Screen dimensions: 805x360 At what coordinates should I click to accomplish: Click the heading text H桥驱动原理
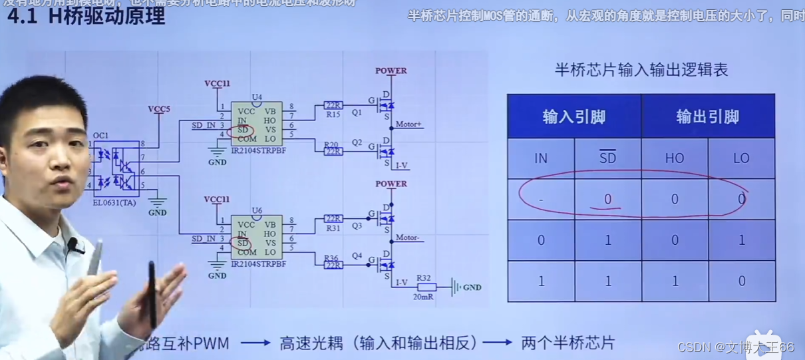[x=106, y=16]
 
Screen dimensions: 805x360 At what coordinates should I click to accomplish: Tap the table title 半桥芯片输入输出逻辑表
[x=641, y=70]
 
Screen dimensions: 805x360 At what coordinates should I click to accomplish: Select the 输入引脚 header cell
[x=573, y=117]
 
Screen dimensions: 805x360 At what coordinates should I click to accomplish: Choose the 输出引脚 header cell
[x=707, y=117]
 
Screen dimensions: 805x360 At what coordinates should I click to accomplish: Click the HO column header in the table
[x=674, y=158]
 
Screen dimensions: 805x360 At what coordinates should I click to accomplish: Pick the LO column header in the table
[x=741, y=158]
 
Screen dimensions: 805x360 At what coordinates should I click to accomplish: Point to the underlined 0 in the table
[x=607, y=199]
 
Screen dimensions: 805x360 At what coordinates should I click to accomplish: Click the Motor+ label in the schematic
[x=409, y=124]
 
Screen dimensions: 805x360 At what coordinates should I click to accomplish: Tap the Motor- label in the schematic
[x=408, y=238]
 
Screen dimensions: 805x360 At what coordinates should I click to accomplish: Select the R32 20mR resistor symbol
[x=426, y=287]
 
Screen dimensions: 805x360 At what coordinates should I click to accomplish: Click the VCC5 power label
[x=159, y=109]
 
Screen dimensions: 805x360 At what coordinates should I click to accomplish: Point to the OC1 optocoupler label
[x=100, y=136]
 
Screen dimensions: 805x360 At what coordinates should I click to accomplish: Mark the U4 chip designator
[x=257, y=97]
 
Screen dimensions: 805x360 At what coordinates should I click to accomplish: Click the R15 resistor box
[x=333, y=106]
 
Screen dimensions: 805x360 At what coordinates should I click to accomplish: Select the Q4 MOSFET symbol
[x=385, y=264]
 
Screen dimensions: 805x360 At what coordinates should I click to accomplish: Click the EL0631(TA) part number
[x=114, y=202]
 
